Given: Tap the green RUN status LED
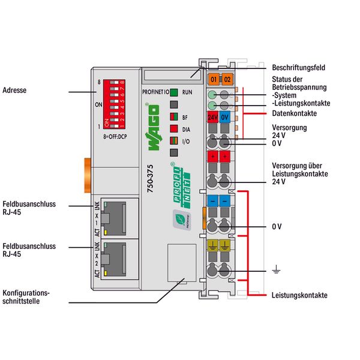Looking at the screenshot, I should click(x=173, y=93).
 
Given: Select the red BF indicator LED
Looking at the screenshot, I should click(x=173, y=118).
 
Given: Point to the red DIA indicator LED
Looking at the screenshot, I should click(x=173, y=128).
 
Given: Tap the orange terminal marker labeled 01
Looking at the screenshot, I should click(x=212, y=79).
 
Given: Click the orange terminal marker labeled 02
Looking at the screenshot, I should click(x=226, y=79).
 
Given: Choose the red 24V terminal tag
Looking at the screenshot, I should click(x=212, y=117).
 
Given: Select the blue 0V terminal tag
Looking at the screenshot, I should click(x=226, y=117).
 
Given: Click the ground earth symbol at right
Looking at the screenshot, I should click(x=275, y=272).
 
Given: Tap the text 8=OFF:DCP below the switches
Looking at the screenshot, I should click(x=116, y=137).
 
